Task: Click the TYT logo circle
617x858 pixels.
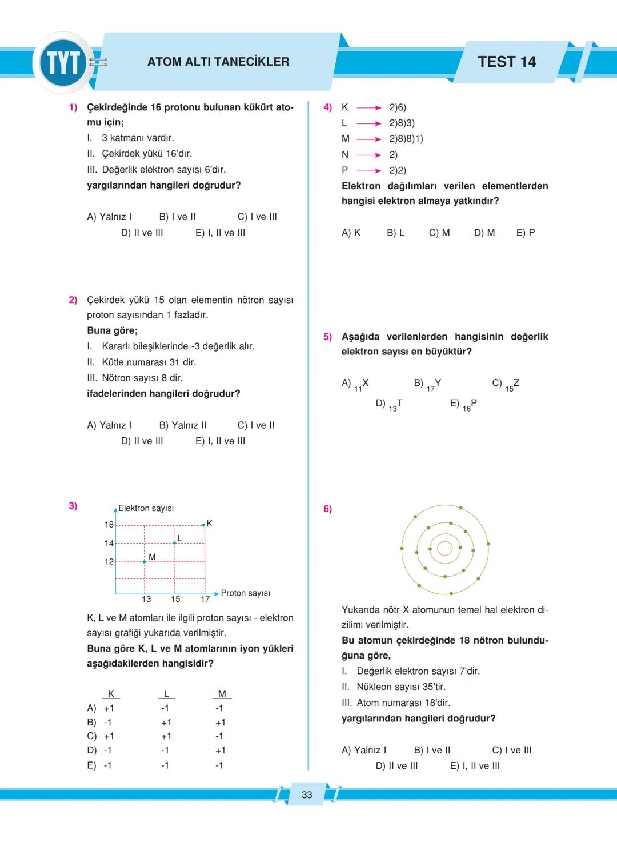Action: (x=63, y=63)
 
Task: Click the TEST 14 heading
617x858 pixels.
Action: (x=507, y=62)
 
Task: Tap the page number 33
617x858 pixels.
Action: (x=307, y=795)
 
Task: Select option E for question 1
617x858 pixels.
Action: (x=220, y=233)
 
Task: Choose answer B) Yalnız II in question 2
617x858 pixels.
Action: (x=183, y=425)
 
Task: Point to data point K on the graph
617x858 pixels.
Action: (x=204, y=525)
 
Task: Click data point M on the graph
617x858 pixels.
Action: (x=145, y=561)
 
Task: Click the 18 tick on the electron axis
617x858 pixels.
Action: (x=109, y=525)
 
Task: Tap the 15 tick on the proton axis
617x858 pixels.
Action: (x=175, y=599)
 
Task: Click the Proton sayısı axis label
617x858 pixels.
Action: (x=245, y=593)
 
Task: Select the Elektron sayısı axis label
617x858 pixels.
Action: (x=146, y=508)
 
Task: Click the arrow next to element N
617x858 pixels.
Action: (x=369, y=155)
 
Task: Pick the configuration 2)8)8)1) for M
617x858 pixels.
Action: (x=406, y=139)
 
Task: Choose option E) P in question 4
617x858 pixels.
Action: (x=526, y=233)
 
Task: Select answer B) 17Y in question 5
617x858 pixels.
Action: (x=428, y=384)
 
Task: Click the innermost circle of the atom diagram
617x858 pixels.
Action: (x=444, y=548)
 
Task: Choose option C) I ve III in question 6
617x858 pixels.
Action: (x=511, y=750)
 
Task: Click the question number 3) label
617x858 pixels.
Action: (x=73, y=506)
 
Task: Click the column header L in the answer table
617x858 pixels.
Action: (x=166, y=694)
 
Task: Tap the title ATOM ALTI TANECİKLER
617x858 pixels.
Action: (x=218, y=62)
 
